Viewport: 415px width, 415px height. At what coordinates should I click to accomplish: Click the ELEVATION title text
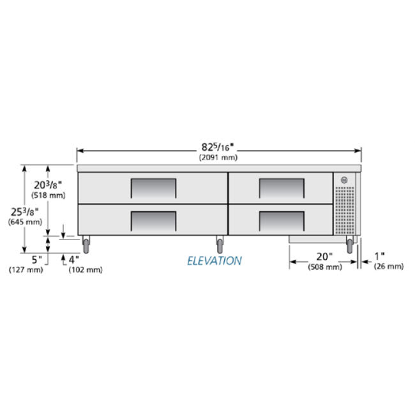215,261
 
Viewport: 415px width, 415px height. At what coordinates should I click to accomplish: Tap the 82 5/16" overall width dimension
218,147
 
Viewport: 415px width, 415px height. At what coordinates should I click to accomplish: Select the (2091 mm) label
218,158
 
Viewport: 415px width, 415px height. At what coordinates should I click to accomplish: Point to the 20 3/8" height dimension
48,185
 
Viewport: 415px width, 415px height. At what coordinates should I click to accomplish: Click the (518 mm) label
49,195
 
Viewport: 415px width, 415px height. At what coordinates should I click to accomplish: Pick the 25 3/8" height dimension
25,212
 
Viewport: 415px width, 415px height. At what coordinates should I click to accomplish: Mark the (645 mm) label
25,222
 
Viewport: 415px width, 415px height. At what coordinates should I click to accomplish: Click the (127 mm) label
26,270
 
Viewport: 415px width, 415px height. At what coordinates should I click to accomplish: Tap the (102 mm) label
86,270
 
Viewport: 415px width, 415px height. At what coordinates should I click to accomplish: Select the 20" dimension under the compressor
324,257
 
